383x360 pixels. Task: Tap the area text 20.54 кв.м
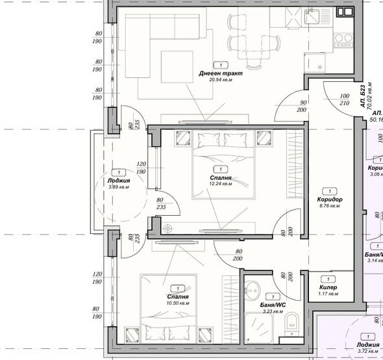coord(221,81)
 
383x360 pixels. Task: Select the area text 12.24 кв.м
coord(221,184)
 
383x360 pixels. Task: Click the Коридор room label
coord(330,199)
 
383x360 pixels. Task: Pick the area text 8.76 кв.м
coord(330,206)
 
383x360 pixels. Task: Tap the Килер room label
coord(328,287)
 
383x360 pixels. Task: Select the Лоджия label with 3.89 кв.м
coord(119,181)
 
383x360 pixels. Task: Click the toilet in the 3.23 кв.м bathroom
coord(292,320)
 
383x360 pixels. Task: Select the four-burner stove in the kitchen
coord(342,40)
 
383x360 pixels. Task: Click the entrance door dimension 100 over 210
coord(344,99)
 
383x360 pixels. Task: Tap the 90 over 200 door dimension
coord(302,106)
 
